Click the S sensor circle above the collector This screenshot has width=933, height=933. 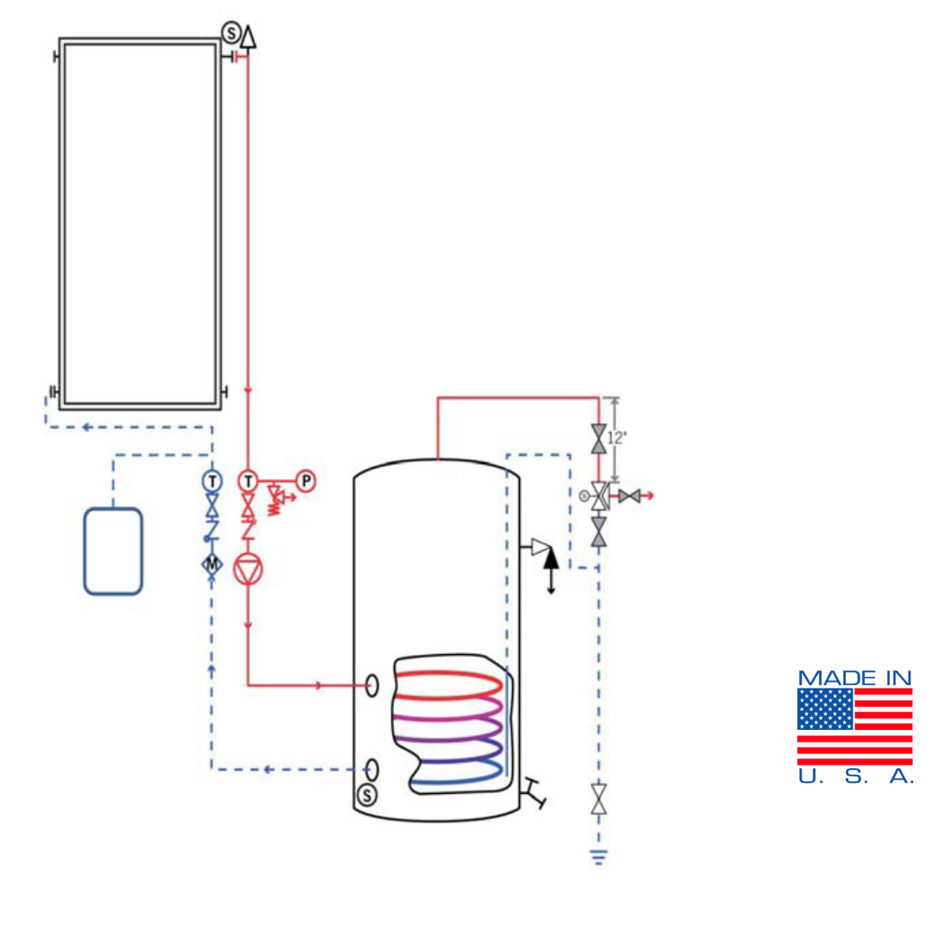pyautogui.click(x=231, y=33)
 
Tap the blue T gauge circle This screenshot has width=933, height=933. pyautogui.click(x=212, y=480)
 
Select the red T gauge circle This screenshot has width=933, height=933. pyautogui.click(x=248, y=480)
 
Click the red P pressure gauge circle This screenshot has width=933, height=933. pyautogui.click(x=306, y=480)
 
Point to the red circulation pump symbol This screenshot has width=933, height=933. pyautogui.click(x=248, y=571)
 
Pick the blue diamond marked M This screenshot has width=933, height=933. pyautogui.click(x=212, y=564)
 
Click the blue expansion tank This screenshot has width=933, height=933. pyautogui.click(x=113, y=551)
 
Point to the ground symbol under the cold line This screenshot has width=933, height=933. pyautogui.click(x=598, y=857)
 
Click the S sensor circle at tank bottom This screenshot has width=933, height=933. pyautogui.click(x=367, y=794)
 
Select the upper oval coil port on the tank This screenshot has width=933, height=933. pyautogui.click(x=372, y=685)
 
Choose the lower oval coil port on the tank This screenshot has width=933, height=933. pyautogui.click(x=372, y=769)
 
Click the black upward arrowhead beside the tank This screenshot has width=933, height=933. pyautogui.click(x=551, y=557)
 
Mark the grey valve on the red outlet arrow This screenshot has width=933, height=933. pyautogui.click(x=629, y=496)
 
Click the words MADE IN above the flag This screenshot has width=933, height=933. pyautogui.click(x=854, y=678)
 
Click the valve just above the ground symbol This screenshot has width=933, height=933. pyautogui.click(x=598, y=798)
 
